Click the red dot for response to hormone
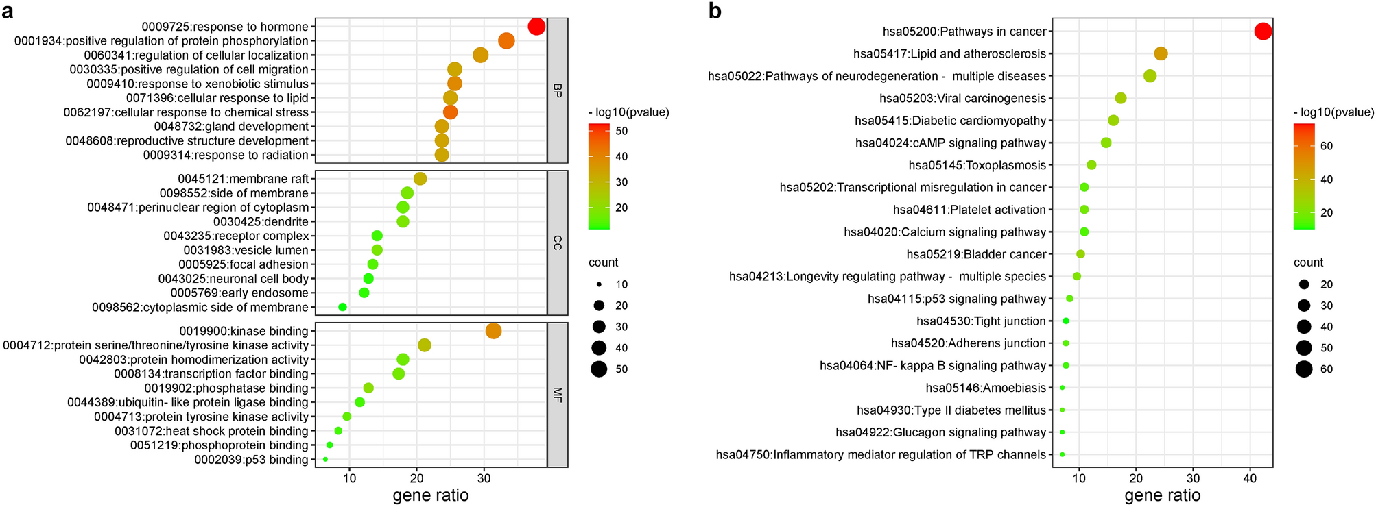(x=536, y=27)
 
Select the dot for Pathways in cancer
(x=1263, y=31)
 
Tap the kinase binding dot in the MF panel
(x=493, y=331)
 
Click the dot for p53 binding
(x=325, y=460)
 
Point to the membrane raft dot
(x=420, y=179)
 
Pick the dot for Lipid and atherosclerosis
(x=1161, y=53)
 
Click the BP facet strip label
(x=557, y=90)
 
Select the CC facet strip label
(x=557, y=243)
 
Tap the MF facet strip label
(x=557, y=395)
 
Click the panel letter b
(x=715, y=11)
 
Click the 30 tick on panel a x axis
(x=484, y=477)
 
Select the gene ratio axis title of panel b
(x=1163, y=495)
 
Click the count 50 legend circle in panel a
(x=599, y=369)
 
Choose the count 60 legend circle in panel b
(x=1304, y=369)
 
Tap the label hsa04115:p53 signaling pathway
(x=957, y=299)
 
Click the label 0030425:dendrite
(x=261, y=222)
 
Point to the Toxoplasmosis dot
(x=1091, y=165)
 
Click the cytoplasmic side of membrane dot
(x=342, y=308)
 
